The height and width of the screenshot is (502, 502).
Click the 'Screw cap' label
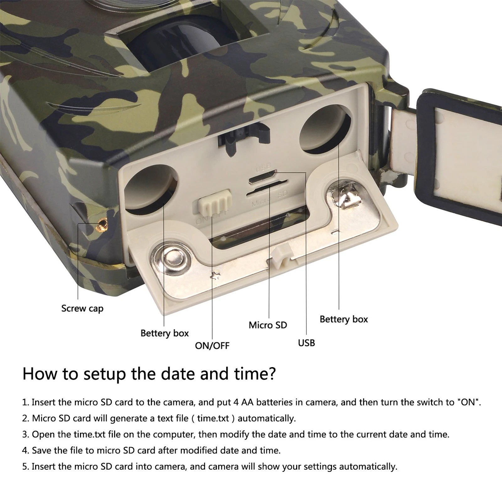(x=82, y=309)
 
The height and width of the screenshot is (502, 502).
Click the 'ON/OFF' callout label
(x=212, y=346)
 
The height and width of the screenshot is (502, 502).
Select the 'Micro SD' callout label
(x=268, y=325)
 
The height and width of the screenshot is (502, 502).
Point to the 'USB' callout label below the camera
(x=306, y=343)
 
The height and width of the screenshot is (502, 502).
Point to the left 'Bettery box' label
(x=164, y=333)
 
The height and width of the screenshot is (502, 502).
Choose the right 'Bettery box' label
(x=344, y=319)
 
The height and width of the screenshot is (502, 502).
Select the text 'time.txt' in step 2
(x=213, y=419)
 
